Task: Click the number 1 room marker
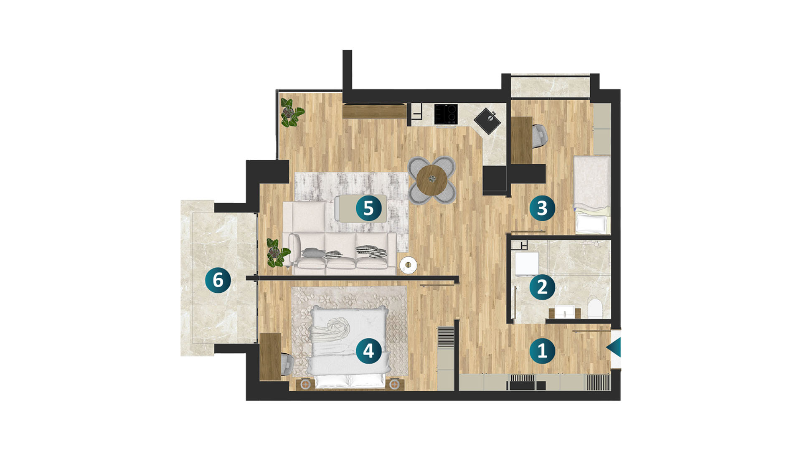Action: tap(542, 350)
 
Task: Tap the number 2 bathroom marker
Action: tap(542, 287)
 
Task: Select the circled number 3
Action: tap(542, 208)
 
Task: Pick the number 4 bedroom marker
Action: tap(368, 350)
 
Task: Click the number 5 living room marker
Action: tap(368, 208)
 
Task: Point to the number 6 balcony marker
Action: tap(218, 279)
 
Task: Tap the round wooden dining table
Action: tap(432, 180)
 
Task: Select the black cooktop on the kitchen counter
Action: tap(446, 114)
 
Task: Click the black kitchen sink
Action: tap(488, 121)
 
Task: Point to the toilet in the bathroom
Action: tap(595, 308)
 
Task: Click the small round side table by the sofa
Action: tap(408, 265)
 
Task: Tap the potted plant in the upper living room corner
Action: tap(291, 112)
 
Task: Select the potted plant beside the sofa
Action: tap(278, 252)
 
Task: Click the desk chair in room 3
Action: tap(540, 136)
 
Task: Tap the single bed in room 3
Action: tap(591, 195)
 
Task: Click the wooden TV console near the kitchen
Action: tap(374, 111)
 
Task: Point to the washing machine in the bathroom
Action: tap(527, 264)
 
